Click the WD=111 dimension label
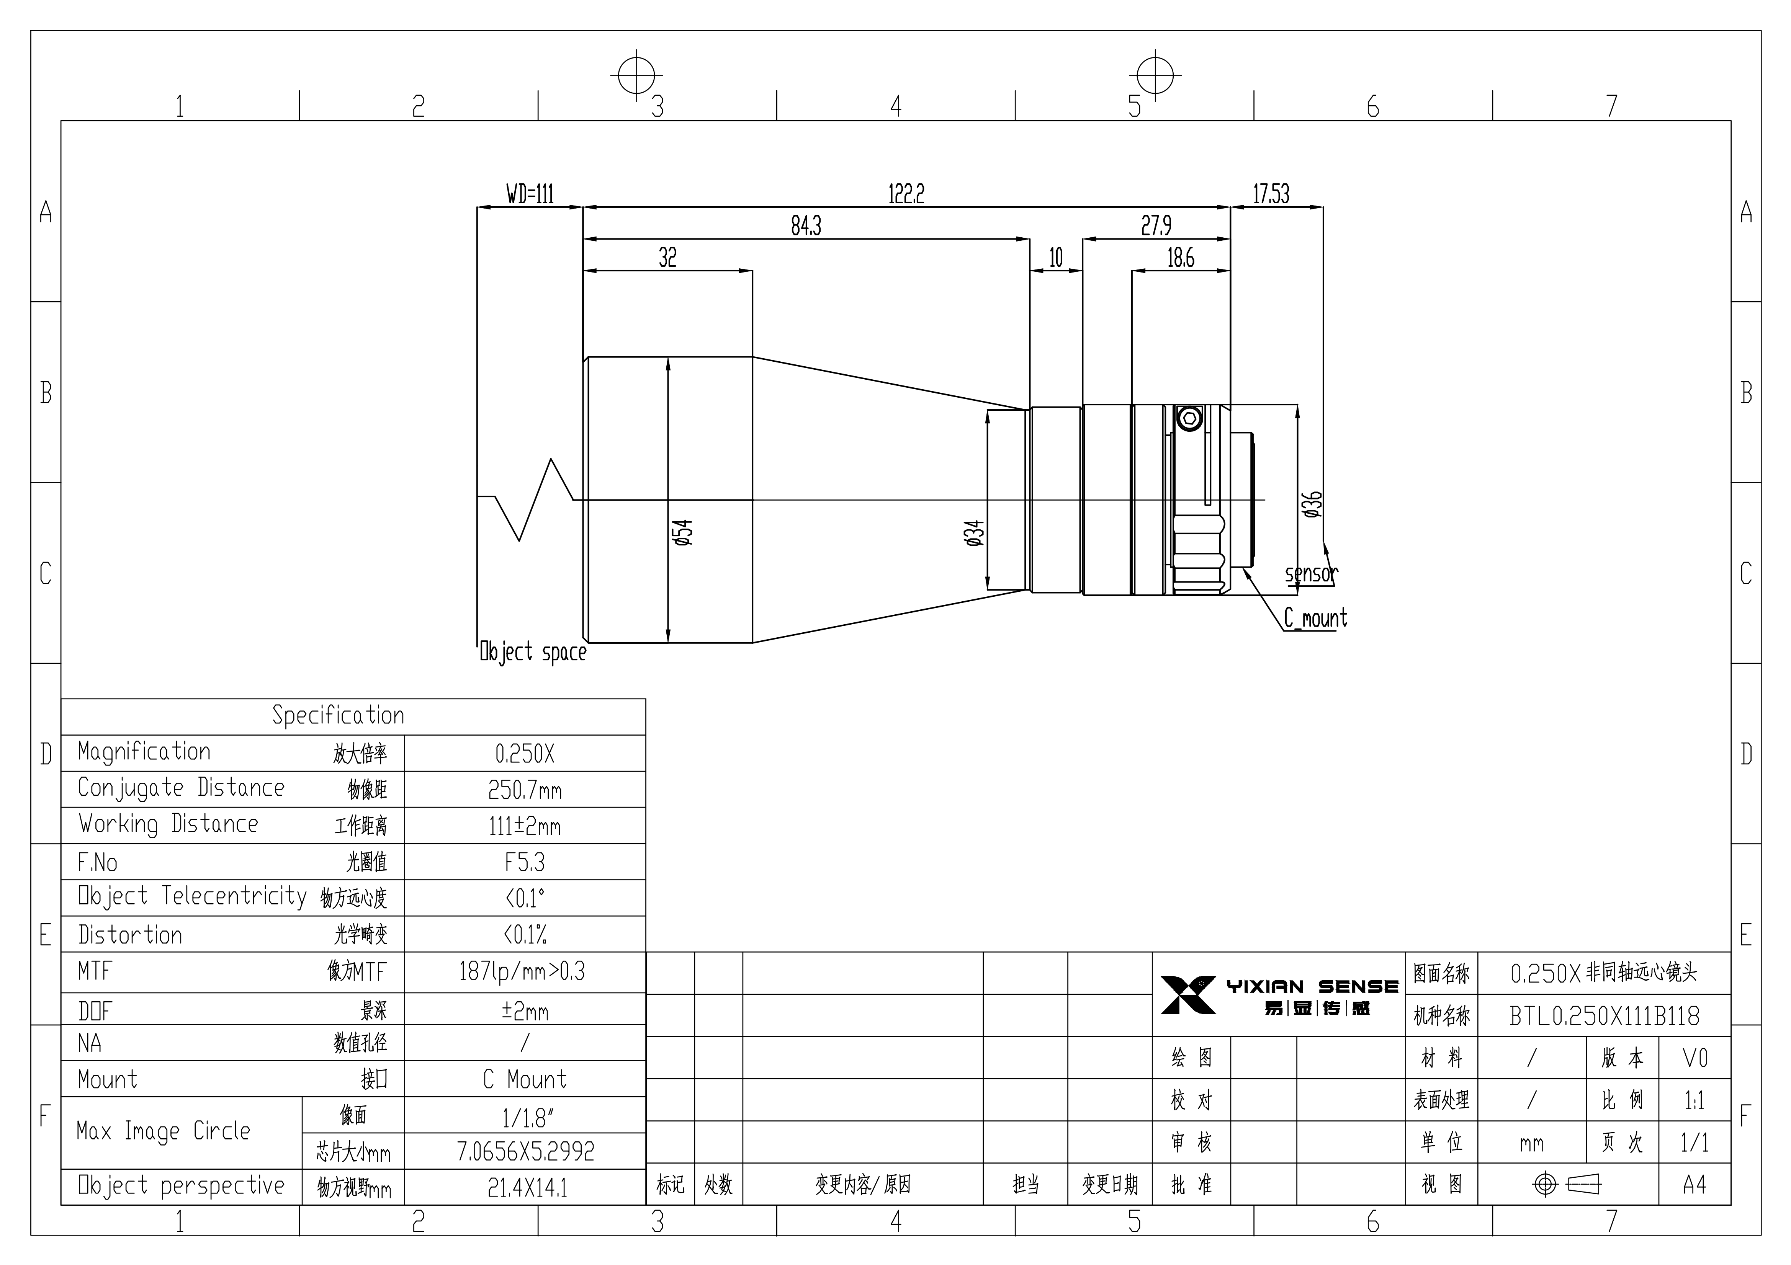(x=530, y=193)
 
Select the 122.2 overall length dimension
(x=906, y=193)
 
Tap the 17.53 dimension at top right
(x=1271, y=193)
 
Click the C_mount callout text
(x=1316, y=619)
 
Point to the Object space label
(x=533, y=652)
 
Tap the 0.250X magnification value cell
(x=525, y=753)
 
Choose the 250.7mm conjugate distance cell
(x=525, y=790)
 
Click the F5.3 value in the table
(x=525, y=862)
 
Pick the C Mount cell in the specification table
(x=525, y=1079)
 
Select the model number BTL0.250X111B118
(x=1605, y=1015)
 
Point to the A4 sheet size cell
(x=1694, y=1185)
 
